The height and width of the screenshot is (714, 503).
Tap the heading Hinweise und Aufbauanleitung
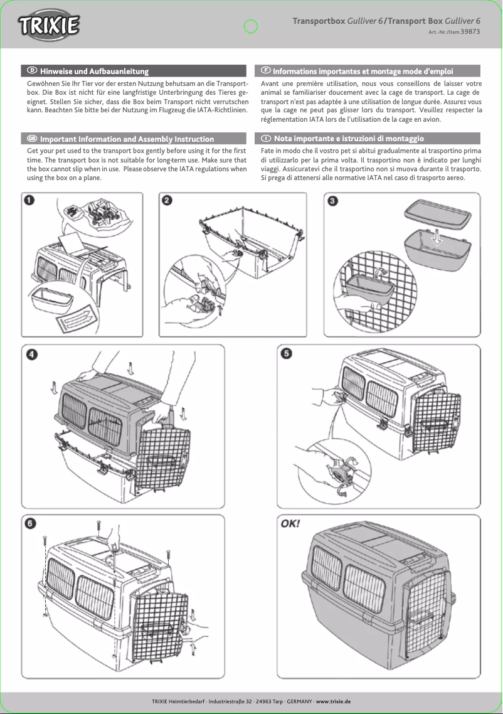(94, 72)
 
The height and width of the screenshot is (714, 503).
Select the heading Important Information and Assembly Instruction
(127, 139)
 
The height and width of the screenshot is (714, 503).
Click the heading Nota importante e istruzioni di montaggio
(349, 138)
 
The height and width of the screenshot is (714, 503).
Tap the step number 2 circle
(167, 200)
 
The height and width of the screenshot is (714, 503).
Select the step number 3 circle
(334, 201)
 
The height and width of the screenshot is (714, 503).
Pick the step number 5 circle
(286, 354)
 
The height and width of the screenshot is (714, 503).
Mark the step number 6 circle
(30, 523)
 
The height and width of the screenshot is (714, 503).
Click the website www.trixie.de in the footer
(333, 701)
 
